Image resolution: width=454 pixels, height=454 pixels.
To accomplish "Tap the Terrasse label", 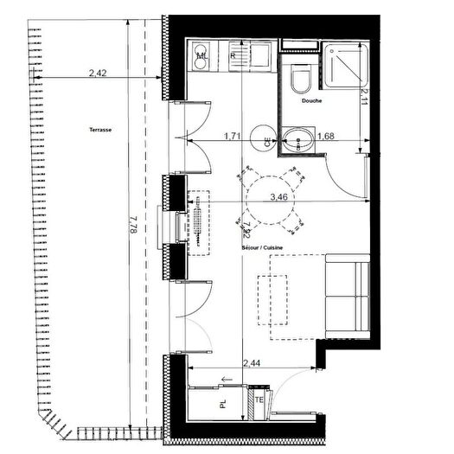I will click(99, 130).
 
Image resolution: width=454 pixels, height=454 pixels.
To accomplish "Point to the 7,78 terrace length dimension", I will click(130, 229).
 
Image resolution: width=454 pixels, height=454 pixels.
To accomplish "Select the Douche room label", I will click(312, 101).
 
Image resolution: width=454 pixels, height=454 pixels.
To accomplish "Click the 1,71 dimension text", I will click(232, 136).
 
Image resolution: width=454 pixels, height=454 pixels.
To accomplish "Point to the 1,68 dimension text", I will click(326, 136).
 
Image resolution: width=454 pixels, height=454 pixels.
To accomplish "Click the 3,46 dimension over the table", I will click(278, 197).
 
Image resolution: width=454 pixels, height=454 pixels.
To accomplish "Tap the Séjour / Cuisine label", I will click(263, 248).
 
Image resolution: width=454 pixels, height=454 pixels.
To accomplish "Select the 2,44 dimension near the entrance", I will click(253, 363).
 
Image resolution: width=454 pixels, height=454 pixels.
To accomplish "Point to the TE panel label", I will click(259, 401).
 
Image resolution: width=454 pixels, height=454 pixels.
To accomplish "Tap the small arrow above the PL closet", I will click(227, 380).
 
